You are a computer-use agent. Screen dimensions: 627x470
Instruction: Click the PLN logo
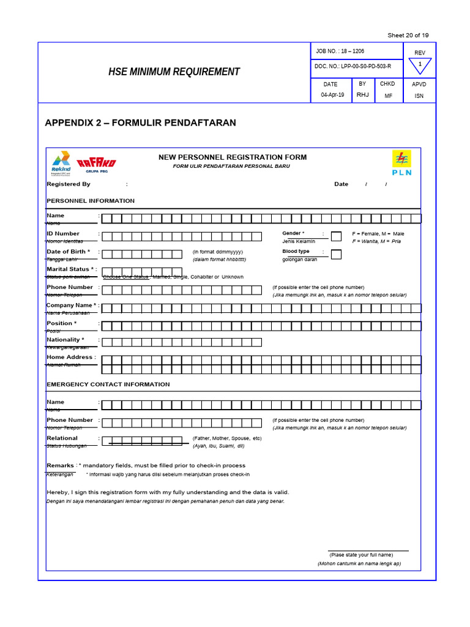click(x=401, y=162)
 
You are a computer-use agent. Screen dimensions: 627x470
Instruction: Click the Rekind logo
click(x=61, y=162)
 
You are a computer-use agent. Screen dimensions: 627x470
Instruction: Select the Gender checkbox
click(x=336, y=236)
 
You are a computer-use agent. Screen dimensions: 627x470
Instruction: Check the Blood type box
click(x=336, y=254)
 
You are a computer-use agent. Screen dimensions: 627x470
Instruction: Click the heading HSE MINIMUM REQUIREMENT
click(x=174, y=72)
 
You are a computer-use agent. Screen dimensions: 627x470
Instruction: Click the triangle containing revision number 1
click(x=419, y=66)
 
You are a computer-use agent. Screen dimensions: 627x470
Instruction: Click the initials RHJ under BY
click(x=362, y=95)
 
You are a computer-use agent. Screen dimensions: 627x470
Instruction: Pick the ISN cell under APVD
click(x=419, y=96)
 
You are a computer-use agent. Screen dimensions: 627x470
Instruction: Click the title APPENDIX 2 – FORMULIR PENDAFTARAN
click(x=140, y=122)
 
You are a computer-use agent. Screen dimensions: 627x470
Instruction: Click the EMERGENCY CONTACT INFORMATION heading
click(x=108, y=385)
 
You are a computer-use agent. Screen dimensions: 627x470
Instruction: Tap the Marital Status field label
click(x=71, y=269)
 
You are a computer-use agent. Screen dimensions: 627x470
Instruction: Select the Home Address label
click(x=71, y=357)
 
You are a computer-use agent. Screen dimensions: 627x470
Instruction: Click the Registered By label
click(x=69, y=184)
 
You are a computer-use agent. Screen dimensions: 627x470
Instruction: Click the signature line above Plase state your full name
click(x=368, y=550)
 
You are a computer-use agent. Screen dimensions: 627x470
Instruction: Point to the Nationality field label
click(x=65, y=339)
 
